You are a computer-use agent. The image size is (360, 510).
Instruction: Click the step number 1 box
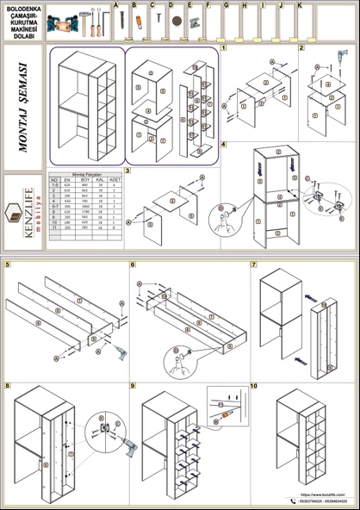tap(224, 48)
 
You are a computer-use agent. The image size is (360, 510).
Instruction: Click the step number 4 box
tap(224, 145)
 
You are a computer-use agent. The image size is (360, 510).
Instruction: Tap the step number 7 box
tap(254, 264)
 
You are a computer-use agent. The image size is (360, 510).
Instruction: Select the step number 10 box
tap(254, 386)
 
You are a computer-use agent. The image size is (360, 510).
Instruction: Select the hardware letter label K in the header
tap(300, 5)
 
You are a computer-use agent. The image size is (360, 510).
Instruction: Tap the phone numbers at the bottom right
tap(321, 501)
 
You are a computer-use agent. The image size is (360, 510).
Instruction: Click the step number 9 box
tap(133, 386)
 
